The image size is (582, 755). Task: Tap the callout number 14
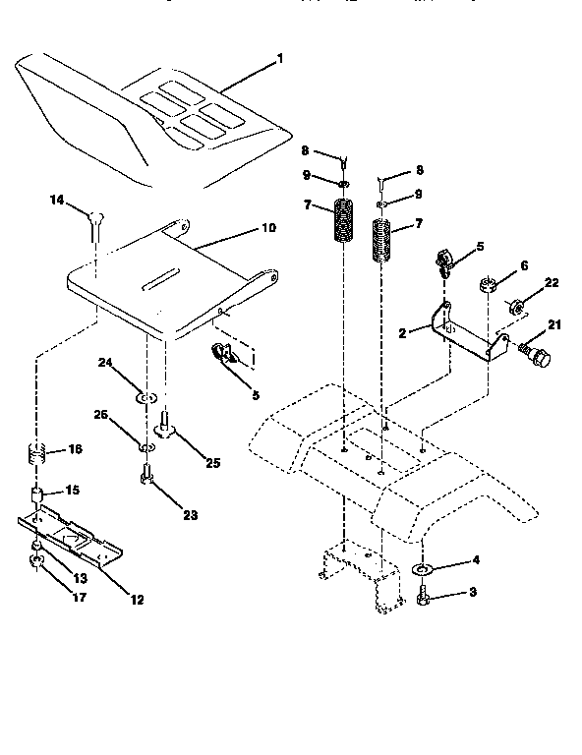56,200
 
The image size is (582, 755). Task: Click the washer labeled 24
144,398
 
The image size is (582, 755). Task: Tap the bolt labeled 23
145,480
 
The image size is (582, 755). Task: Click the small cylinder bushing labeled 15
37,493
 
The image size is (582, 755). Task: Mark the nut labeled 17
36,561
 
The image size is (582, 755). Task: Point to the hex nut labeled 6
487,287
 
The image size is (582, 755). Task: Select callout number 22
552,282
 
